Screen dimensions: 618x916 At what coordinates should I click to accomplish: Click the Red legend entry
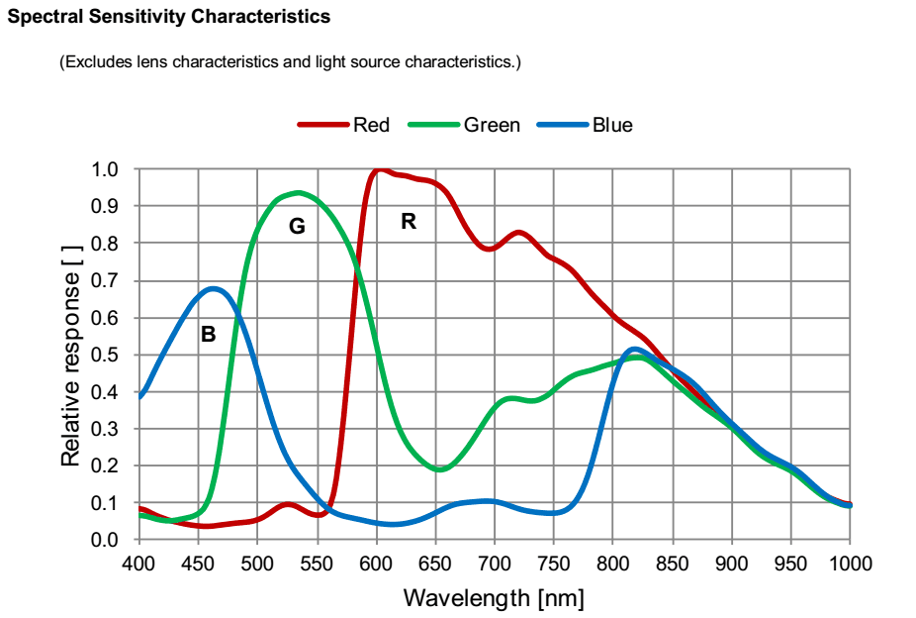(x=371, y=125)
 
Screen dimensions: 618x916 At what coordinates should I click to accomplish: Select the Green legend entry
(x=492, y=125)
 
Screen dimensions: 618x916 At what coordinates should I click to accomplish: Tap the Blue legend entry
(x=611, y=125)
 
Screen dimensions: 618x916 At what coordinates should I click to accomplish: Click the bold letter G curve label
(x=297, y=227)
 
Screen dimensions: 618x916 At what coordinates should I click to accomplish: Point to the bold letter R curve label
(x=409, y=222)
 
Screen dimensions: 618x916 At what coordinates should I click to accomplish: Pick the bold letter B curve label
(x=208, y=335)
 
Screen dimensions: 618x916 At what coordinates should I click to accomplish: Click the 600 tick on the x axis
(x=376, y=564)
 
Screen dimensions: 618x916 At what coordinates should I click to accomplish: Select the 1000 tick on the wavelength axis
(x=850, y=564)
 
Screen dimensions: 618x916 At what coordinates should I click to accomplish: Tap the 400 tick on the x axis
(x=139, y=564)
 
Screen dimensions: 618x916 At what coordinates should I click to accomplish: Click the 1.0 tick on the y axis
(x=105, y=169)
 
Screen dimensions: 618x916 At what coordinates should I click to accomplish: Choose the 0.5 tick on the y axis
(x=105, y=355)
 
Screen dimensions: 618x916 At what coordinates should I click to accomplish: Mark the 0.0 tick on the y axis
(x=105, y=540)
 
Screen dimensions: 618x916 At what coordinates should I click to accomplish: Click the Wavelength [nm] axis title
(x=494, y=598)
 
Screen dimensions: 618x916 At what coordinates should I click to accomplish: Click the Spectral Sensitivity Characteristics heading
(x=169, y=17)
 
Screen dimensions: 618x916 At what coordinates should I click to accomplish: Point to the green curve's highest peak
(x=298, y=192)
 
